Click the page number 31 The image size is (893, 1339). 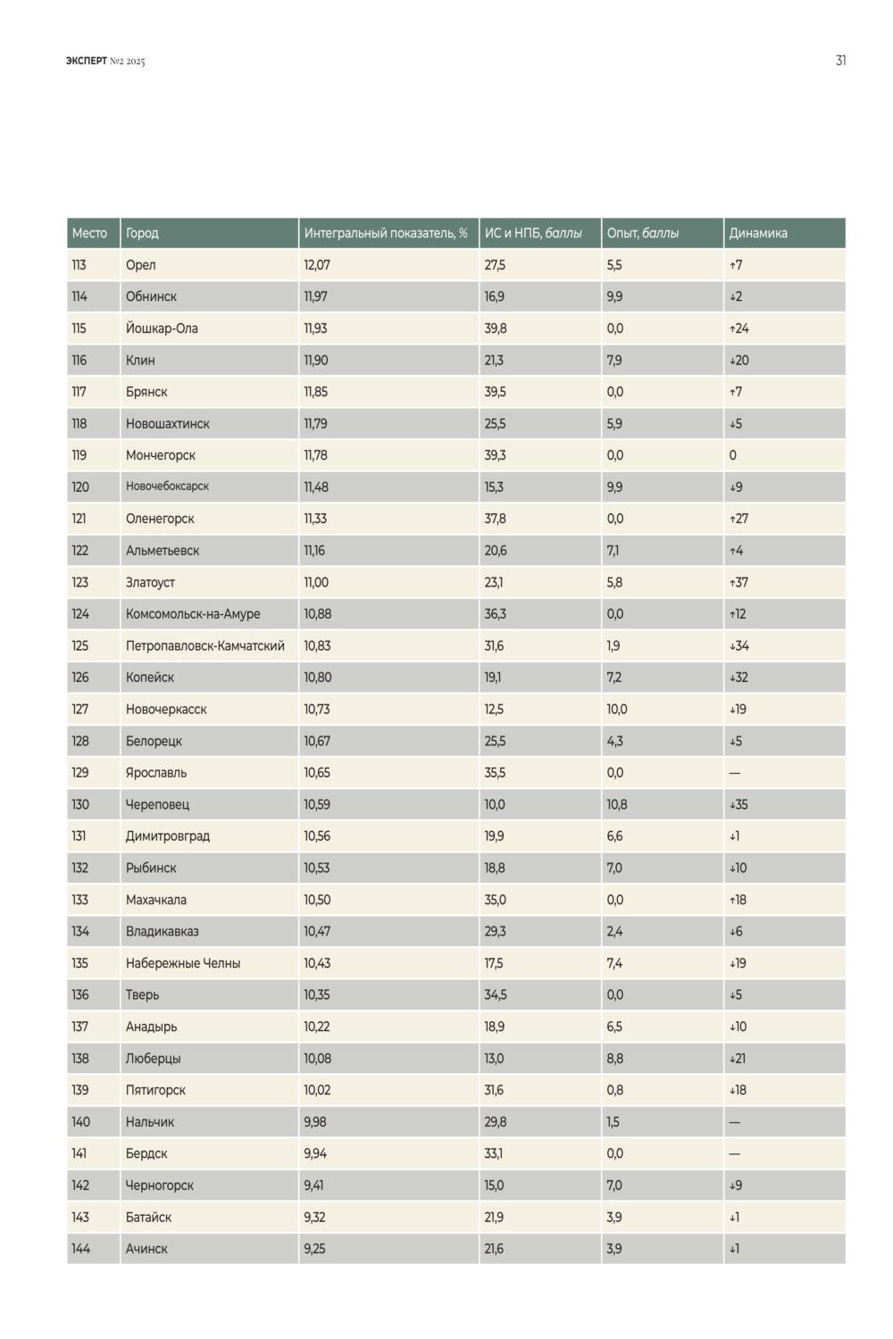click(840, 61)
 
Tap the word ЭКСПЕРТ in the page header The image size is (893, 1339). click(86, 61)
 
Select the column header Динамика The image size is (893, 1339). click(758, 233)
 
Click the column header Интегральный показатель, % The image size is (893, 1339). click(386, 233)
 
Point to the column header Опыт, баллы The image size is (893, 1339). click(642, 233)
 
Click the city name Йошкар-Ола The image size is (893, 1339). click(162, 329)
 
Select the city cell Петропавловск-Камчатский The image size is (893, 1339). click(205, 645)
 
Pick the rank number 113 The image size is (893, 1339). click(79, 265)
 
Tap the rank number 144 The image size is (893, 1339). click(80, 1249)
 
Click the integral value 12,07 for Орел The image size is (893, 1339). click(317, 265)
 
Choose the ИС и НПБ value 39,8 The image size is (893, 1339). click(496, 329)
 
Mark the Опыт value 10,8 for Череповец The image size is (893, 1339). click(617, 804)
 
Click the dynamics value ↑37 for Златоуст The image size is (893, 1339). click(739, 582)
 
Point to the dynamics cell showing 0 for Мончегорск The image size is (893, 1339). click(732, 455)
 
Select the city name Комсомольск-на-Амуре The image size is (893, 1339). click(193, 614)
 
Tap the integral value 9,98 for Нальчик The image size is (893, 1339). click(315, 1122)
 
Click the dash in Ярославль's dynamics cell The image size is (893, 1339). click(735, 773)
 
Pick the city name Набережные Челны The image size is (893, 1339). click(183, 963)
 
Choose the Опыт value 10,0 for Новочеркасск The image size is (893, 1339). click(617, 710)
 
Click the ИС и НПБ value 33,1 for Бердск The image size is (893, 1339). click(494, 1153)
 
